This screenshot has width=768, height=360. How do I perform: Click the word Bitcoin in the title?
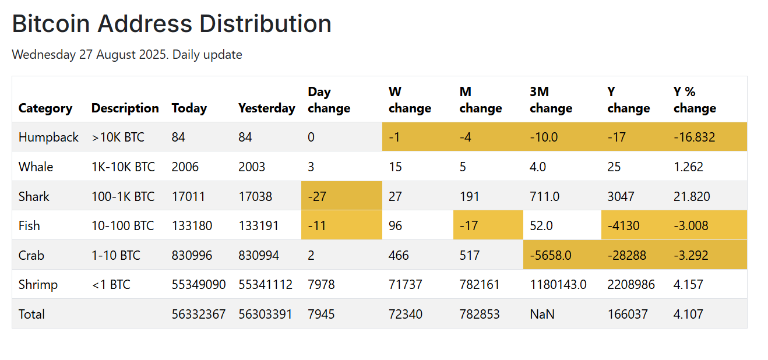tap(51, 24)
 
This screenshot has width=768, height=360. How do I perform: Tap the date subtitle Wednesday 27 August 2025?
tap(90, 55)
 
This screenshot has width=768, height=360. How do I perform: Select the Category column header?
tap(45, 108)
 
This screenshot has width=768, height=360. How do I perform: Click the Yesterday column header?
tap(267, 108)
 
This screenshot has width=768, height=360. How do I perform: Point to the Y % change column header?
tap(695, 100)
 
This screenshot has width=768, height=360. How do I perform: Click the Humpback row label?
tap(48, 137)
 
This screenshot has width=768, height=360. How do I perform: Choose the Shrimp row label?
tap(38, 285)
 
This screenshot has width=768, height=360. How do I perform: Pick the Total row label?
tap(31, 314)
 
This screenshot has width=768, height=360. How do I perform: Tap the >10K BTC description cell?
tap(118, 137)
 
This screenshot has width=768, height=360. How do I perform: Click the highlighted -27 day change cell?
tap(317, 196)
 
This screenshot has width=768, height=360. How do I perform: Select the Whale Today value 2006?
tap(185, 167)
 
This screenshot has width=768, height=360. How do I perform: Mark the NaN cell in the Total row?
tap(542, 314)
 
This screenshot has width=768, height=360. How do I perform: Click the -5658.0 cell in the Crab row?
tap(551, 255)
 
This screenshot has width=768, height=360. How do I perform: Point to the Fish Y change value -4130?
tap(623, 225)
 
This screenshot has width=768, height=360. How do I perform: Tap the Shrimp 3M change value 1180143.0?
tap(558, 285)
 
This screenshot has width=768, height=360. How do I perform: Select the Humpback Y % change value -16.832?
tap(694, 137)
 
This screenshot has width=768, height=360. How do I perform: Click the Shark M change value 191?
tap(470, 196)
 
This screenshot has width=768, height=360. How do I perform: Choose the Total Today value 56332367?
tap(199, 314)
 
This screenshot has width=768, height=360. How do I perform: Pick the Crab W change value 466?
tap(399, 255)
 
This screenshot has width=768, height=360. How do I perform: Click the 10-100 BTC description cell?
tap(123, 225)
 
